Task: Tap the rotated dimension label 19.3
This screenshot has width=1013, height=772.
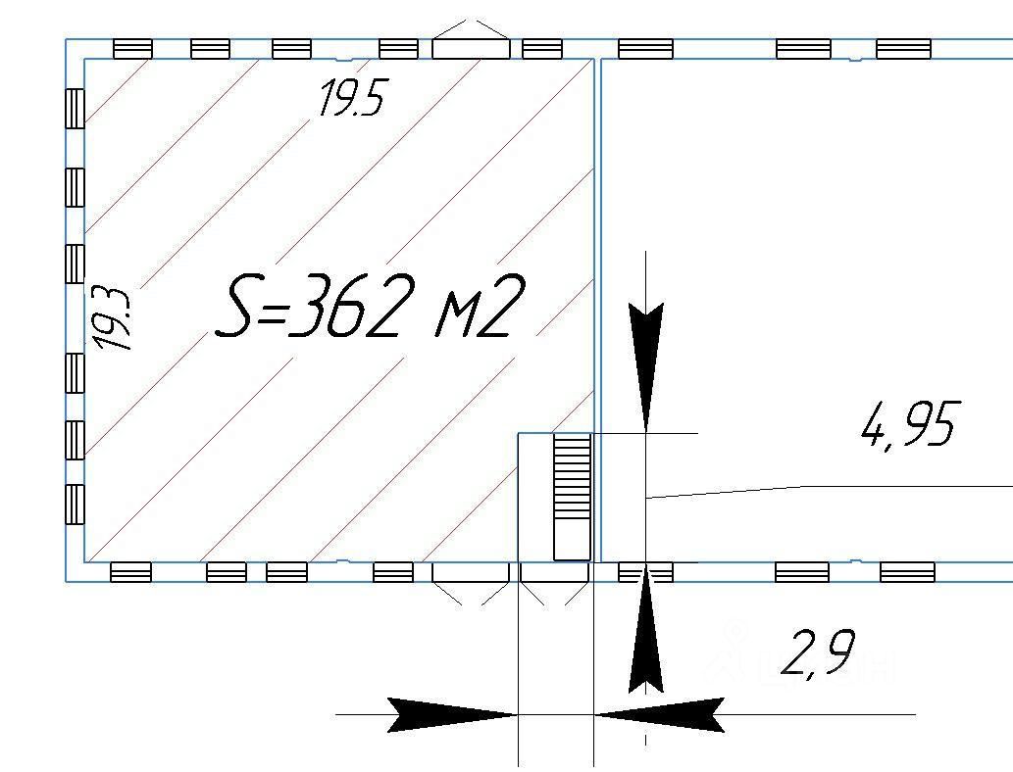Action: [x=114, y=318]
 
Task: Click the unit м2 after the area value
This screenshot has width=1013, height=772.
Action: [x=475, y=307]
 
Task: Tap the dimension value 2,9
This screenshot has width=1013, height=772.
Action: [x=817, y=653]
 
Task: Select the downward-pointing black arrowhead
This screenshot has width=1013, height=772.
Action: [x=646, y=362]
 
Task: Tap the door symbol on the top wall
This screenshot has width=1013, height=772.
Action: [x=471, y=43]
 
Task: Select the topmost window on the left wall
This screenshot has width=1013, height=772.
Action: [x=75, y=108]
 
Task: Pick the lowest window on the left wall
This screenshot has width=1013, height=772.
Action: [x=75, y=505]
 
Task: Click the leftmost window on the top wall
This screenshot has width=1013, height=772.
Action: [x=132, y=48]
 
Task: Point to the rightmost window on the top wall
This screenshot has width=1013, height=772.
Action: [x=903, y=48]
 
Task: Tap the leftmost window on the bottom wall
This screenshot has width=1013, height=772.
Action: [x=130, y=572]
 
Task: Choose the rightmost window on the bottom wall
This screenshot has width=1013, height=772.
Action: [x=907, y=572]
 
